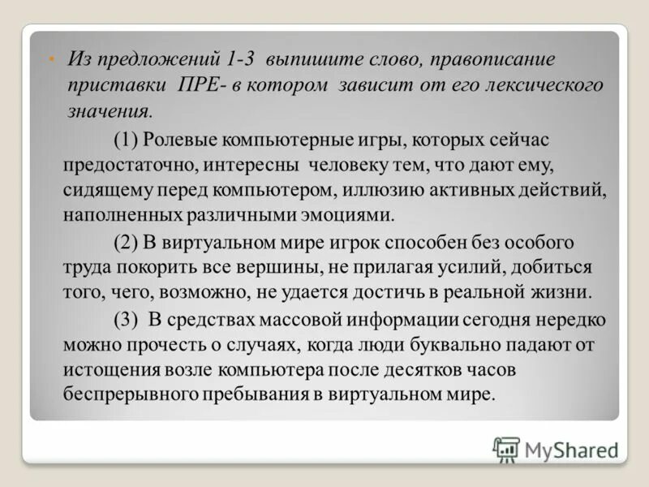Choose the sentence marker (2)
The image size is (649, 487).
[126, 242]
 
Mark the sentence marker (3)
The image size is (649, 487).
[127, 319]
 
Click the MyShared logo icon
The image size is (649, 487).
[507, 448]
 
